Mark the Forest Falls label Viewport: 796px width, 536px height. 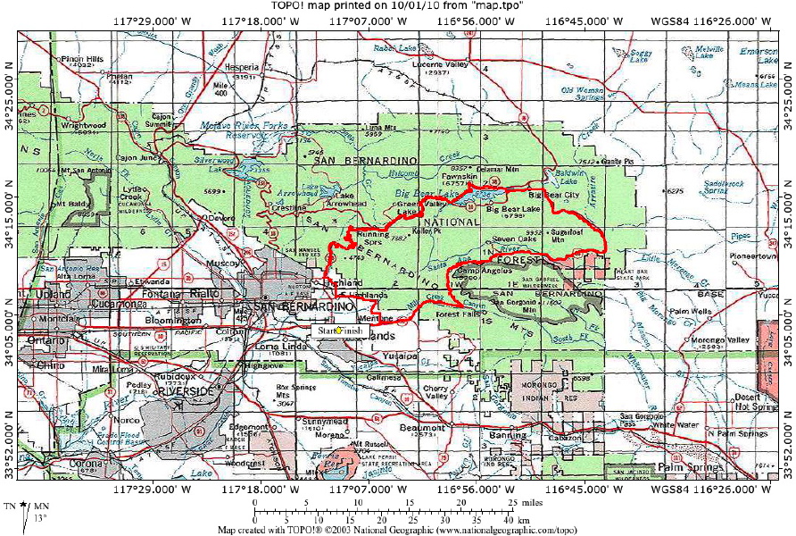[x=460, y=314]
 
